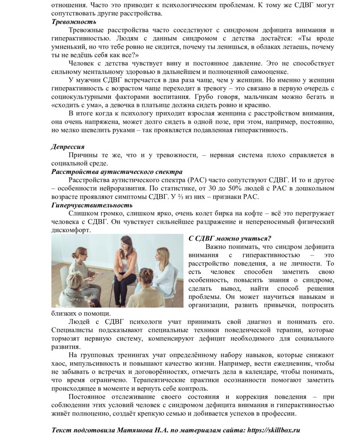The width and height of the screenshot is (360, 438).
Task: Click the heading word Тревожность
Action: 73,22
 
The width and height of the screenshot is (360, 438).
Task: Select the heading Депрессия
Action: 68,147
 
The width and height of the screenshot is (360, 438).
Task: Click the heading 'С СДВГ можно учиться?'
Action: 230,239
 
